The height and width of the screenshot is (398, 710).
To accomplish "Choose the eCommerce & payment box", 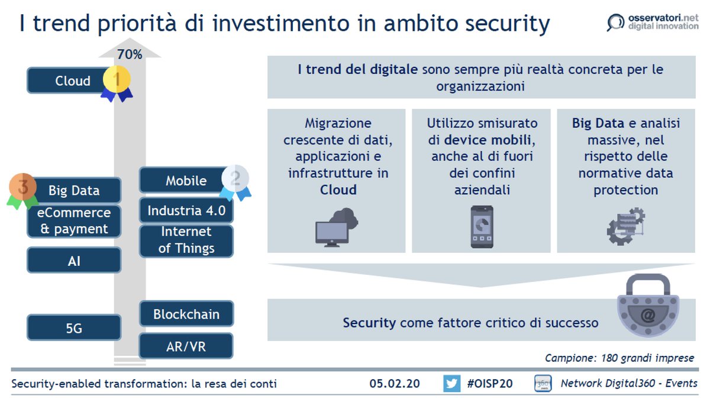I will click(x=75, y=221).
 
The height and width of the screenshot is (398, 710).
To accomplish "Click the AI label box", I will click(x=75, y=260).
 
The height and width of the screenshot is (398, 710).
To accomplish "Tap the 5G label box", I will click(x=75, y=328).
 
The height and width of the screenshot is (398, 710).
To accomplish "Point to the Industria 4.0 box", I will click(x=186, y=210).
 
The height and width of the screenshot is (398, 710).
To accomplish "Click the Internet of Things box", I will click(x=186, y=240).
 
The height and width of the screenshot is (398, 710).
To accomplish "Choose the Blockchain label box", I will click(x=186, y=314).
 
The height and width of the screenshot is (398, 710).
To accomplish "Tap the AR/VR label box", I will click(x=186, y=346).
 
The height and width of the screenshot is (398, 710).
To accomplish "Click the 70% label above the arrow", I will click(x=130, y=54).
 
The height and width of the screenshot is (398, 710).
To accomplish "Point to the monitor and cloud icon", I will click(x=337, y=227).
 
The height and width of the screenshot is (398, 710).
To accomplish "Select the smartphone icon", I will click(x=481, y=227).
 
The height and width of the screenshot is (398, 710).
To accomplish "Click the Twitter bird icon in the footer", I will click(x=451, y=383).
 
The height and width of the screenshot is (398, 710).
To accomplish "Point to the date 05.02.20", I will click(x=395, y=383).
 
